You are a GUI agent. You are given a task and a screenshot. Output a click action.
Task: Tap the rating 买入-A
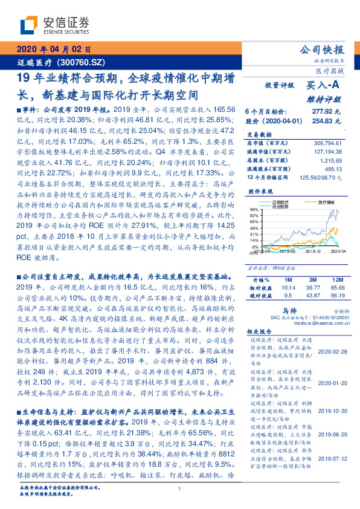[x=323, y=86]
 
